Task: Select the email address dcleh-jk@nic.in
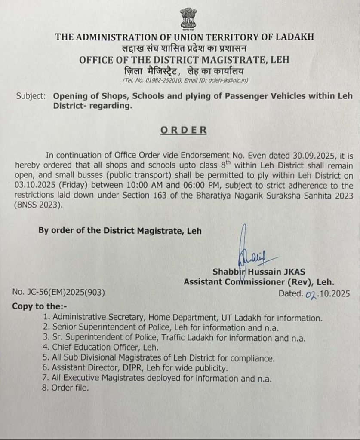223,80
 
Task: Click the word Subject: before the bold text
31,96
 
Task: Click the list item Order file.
70,388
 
